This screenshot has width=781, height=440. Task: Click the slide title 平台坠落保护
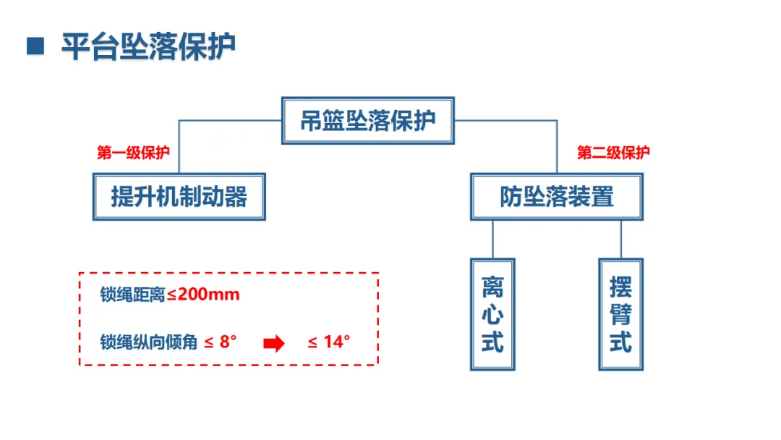pos(148,46)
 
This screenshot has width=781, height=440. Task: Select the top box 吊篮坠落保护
pos(368,120)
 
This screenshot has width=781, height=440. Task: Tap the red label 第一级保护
pos(134,153)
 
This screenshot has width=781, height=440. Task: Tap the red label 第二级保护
pos(613,153)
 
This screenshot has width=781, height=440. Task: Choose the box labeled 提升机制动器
pos(179,196)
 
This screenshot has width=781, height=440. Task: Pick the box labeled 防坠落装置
pos(556,196)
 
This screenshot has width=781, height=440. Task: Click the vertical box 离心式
pos(492,314)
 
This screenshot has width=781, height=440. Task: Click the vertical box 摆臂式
pos(620,314)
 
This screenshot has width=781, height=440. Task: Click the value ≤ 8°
pos(221,342)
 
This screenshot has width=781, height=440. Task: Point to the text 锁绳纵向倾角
pos(148,342)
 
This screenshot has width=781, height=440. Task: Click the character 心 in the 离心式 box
pos(492,315)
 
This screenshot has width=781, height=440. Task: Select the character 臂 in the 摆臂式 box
pos(620,315)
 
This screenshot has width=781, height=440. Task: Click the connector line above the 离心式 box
pos(492,239)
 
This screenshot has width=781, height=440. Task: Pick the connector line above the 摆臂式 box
pos(620,239)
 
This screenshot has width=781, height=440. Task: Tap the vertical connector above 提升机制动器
pos(179,146)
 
